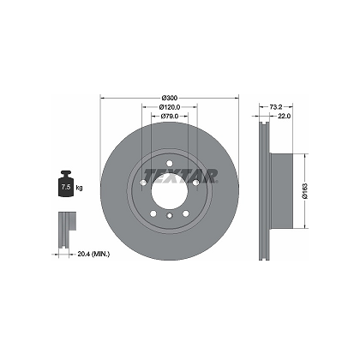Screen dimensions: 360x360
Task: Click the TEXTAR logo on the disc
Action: pos(181,175)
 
